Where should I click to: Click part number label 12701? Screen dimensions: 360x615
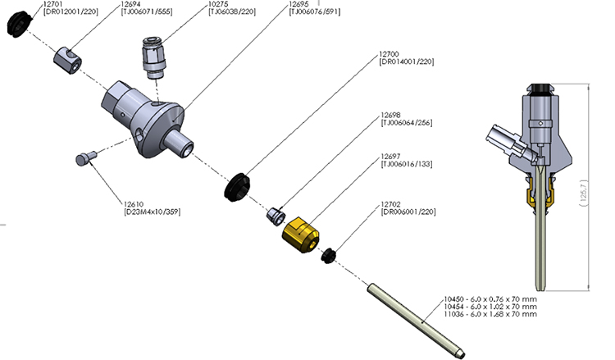[53, 4]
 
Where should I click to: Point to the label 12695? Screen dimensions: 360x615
[298, 4]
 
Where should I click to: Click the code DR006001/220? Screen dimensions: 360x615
[408, 212]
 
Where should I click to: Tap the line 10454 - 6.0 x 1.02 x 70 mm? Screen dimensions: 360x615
[490, 306]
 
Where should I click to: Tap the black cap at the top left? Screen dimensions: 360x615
[16, 23]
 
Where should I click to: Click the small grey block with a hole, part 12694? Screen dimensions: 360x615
[68, 58]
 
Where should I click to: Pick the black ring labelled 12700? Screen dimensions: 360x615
[239, 186]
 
